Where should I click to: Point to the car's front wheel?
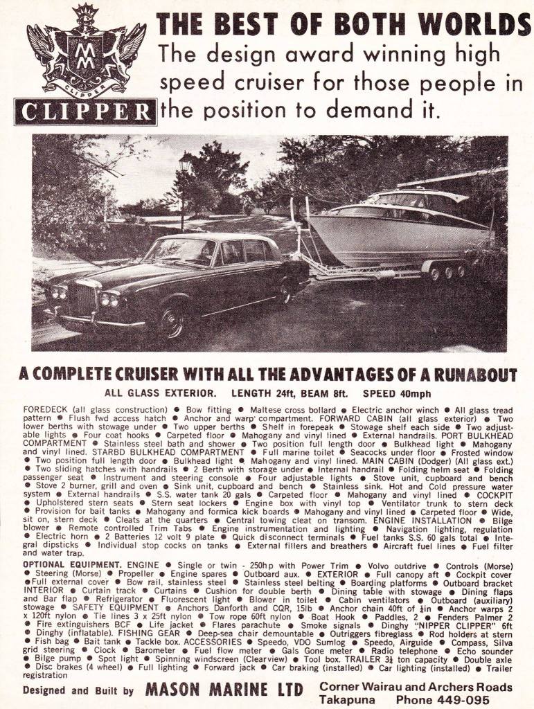click(x=169, y=321)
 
